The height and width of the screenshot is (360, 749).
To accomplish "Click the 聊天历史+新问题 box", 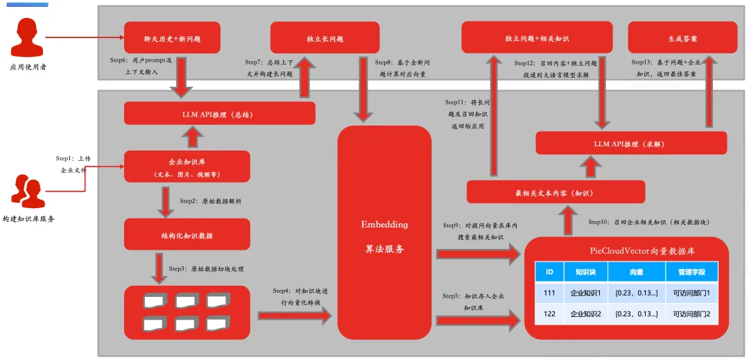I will (172, 38).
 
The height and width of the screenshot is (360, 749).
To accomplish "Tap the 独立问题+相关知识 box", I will (537, 37).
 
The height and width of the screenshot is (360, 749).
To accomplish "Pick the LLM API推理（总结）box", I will (219, 113).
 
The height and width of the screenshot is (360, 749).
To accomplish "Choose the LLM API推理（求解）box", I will (631, 143).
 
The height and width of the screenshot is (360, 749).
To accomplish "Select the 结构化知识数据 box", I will (187, 234).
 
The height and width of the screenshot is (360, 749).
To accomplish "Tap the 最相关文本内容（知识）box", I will (556, 192).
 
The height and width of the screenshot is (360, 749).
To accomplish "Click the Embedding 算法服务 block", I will (384, 232).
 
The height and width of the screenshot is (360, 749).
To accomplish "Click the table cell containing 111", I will (549, 293).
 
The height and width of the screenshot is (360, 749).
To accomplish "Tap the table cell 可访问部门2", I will (691, 314).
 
